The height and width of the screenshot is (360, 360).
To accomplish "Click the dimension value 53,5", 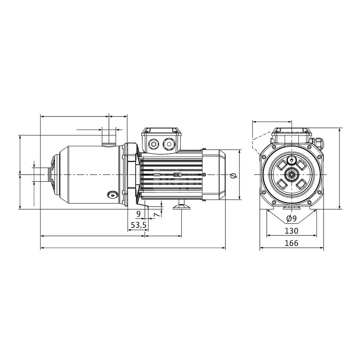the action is click(139, 225).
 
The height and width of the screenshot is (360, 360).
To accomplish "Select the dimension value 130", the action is click(291, 231).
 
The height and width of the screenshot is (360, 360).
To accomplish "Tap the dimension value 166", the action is click(291, 243).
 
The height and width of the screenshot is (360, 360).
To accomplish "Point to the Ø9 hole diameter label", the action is click(292, 219).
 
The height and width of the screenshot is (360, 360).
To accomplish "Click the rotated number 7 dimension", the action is click(157, 215).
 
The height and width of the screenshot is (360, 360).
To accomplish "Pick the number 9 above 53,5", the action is click(139, 214).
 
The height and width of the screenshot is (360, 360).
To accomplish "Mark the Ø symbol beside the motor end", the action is click(234, 176).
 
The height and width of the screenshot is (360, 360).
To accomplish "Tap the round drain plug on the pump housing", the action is click(112, 195).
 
